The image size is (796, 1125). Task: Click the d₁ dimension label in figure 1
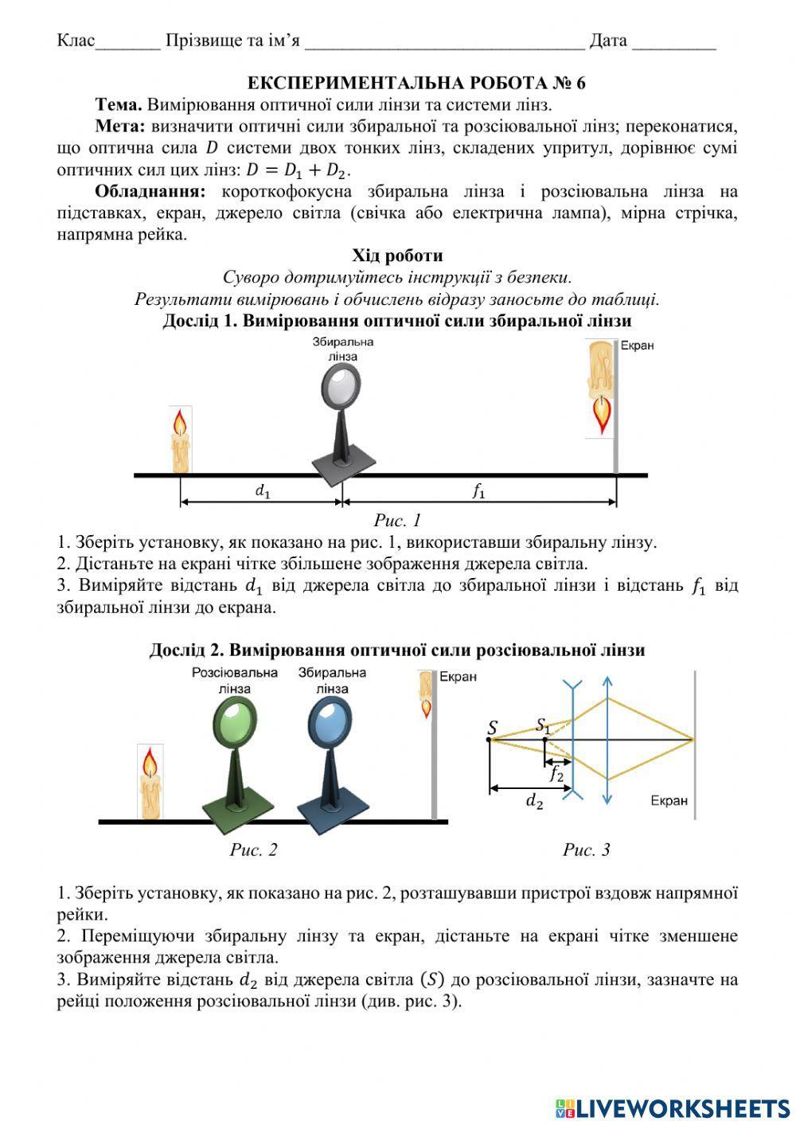click(x=263, y=491)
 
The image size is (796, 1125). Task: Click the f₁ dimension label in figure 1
click(x=478, y=491)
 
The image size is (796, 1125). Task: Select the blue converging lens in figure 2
click(x=330, y=721)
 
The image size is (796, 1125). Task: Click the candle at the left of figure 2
click(x=150, y=782)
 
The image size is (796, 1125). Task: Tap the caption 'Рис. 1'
click(x=397, y=521)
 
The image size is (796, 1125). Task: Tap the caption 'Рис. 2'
click(x=253, y=850)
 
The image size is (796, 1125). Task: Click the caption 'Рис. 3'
click(x=586, y=850)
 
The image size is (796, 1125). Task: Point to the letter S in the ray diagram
click(x=492, y=727)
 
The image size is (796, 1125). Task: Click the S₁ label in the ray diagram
click(x=543, y=725)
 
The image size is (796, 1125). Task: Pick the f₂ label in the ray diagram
click(x=556, y=772)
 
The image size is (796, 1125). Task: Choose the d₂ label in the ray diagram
click(x=534, y=801)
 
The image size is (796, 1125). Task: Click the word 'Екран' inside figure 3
click(x=668, y=800)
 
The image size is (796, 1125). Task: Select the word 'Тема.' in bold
click(x=119, y=104)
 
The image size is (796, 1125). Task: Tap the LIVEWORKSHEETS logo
click(x=673, y=1107)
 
